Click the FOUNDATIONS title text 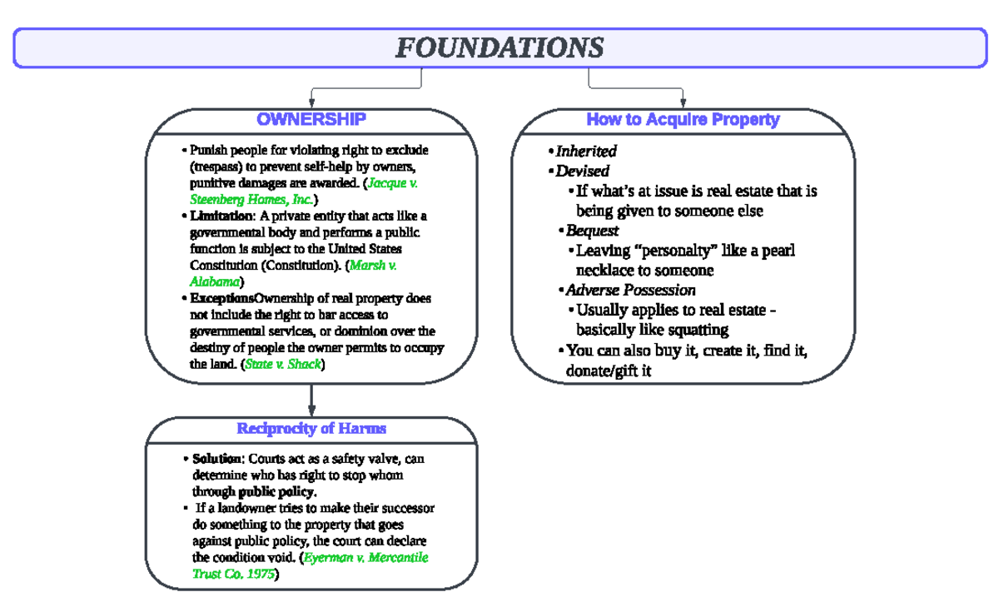coord(499,47)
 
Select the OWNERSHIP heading coord(311,119)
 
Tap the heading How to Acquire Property coord(683,119)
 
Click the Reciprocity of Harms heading coord(311,429)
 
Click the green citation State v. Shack coord(283,365)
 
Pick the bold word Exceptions coord(221,298)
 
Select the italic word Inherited coord(586,152)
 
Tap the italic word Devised coord(583,172)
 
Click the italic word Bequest coord(592,231)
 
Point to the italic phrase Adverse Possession coord(630,291)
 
